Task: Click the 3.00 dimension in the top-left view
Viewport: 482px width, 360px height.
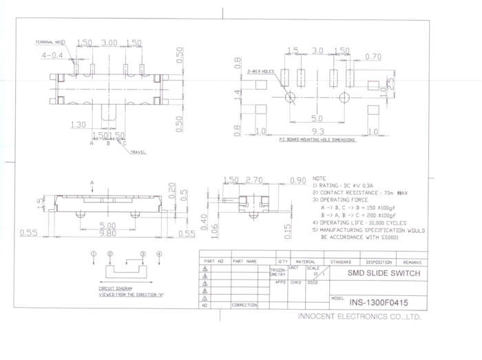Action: (x=109, y=43)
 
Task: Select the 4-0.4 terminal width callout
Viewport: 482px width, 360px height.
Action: (x=52, y=54)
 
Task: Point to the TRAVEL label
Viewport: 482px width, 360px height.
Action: (x=138, y=151)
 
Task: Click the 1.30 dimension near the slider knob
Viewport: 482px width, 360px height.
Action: (x=78, y=125)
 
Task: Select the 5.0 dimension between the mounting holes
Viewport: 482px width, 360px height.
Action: (x=317, y=118)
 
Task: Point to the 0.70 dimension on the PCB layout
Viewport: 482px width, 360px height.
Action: (x=373, y=56)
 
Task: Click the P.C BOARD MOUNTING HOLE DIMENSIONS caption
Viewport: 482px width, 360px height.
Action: (x=317, y=140)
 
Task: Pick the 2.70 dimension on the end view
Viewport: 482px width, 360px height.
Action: (x=255, y=180)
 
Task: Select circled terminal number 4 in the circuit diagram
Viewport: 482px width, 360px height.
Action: (x=159, y=254)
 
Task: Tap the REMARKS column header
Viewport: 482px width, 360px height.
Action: (x=412, y=262)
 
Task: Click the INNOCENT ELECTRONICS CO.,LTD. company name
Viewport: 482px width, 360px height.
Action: (x=359, y=317)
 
